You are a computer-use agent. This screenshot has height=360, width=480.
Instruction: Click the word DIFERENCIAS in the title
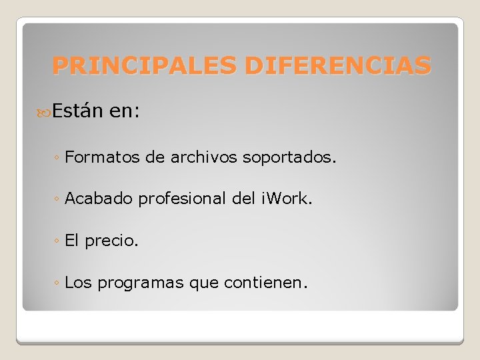pyautogui.click(x=338, y=65)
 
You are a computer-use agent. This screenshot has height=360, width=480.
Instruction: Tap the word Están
pyautogui.click(x=77, y=110)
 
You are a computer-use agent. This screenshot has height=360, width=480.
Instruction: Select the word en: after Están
pyautogui.click(x=124, y=110)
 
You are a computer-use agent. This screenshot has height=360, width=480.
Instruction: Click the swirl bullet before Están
pyautogui.click(x=44, y=111)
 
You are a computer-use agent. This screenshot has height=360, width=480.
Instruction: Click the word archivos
pyautogui.click(x=204, y=157)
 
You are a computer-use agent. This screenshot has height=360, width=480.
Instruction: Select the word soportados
pyautogui.click(x=290, y=158)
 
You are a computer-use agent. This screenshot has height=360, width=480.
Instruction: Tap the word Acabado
pyautogui.click(x=99, y=199)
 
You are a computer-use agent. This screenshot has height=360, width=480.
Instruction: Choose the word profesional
pyautogui.click(x=182, y=199)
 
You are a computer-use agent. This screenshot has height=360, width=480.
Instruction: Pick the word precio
pyautogui.click(x=111, y=241)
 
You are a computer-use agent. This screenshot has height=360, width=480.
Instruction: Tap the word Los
pyautogui.click(x=79, y=283)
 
